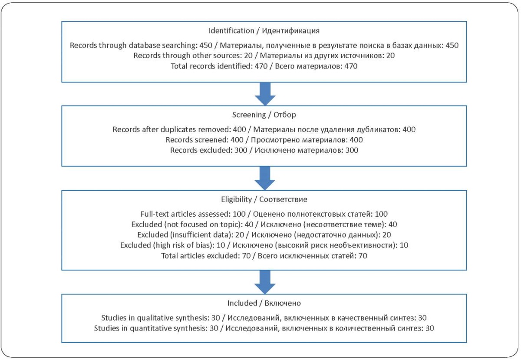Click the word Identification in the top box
click(x=231, y=30)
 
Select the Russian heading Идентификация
click(x=291, y=31)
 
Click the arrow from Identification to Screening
click(x=265, y=94)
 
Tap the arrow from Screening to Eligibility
click(x=265, y=178)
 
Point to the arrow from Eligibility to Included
click(x=265, y=282)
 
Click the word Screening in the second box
click(x=249, y=115)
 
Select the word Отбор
click(x=285, y=115)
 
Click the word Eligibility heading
click(x=236, y=199)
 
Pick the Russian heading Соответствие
click(x=283, y=199)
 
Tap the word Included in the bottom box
click(x=242, y=303)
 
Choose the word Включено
click(x=283, y=303)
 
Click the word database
click(x=144, y=45)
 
